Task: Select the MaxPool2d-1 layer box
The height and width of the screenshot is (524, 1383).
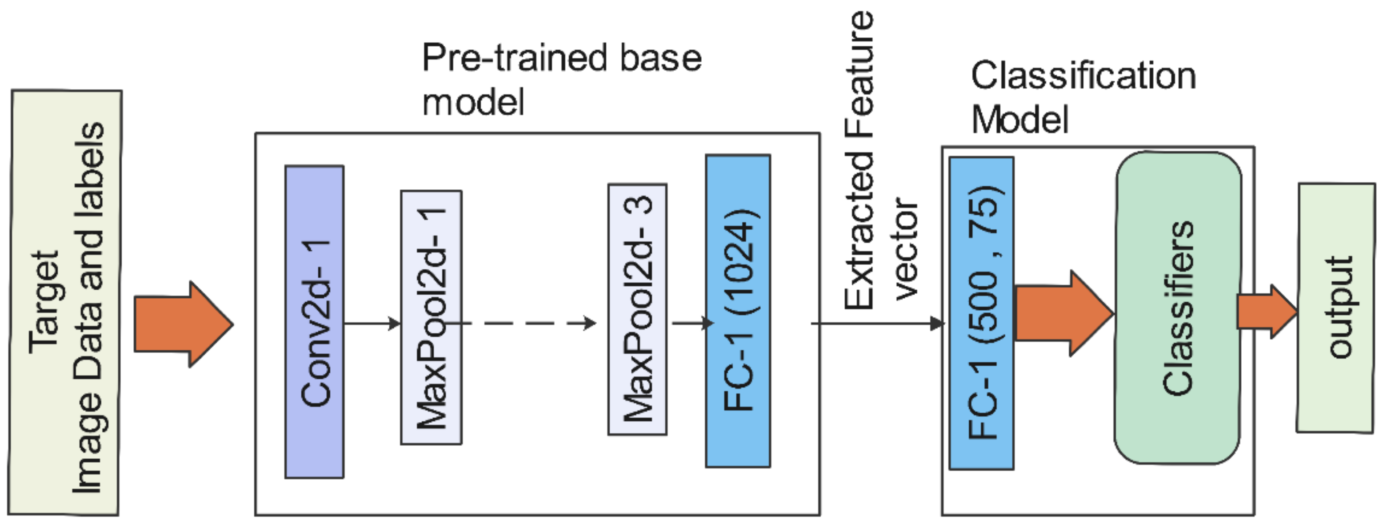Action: [x=431, y=317]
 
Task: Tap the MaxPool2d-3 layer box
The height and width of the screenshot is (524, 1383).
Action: [x=637, y=309]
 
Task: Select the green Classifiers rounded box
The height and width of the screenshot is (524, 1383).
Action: [x=1178, y=308]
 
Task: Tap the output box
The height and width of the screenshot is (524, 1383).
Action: [x=1336, y=307]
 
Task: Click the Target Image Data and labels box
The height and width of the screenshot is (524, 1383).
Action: [x=65, y=302]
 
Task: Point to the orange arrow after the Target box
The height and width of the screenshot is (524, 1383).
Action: [x=183, y=324]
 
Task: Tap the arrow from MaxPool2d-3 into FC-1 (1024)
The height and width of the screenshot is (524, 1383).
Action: [x=691, y=323]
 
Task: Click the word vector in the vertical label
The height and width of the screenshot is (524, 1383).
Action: [x=906, y=248]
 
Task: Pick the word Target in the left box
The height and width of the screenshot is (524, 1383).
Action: [x=44, y=302]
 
